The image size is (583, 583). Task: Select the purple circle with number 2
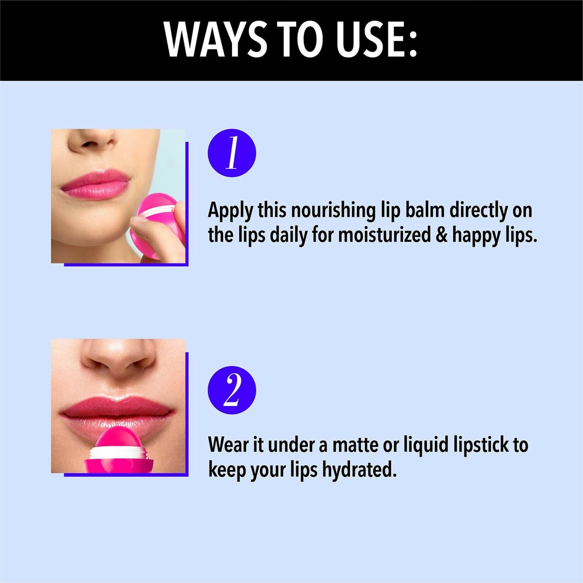[x=232, y=390]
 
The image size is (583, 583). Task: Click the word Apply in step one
[x=230, y=211]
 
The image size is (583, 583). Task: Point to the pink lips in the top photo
[x=95, y=184]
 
